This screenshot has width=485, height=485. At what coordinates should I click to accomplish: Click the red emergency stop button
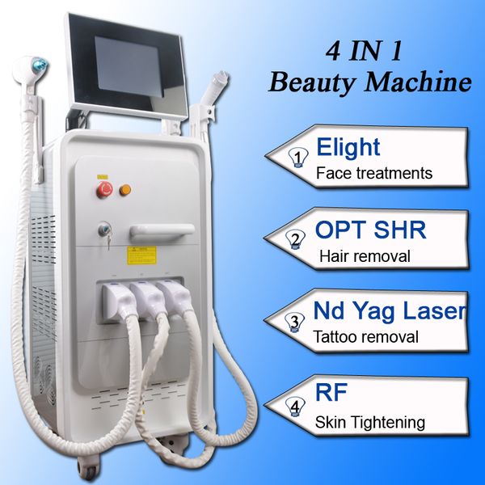coord(104,189)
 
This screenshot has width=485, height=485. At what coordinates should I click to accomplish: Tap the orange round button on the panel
coord(125,190)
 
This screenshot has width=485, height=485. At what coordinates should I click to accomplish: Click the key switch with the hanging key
coord(105,230)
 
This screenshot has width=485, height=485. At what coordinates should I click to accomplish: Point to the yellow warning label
coord(141,255)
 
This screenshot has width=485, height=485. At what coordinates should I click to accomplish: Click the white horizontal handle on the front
coord(162,232)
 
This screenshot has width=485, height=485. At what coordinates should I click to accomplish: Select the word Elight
coord(348,148)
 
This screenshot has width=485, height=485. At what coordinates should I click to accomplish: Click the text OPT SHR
coord(370,230)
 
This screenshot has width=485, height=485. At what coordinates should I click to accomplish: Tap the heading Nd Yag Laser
coord(390,310)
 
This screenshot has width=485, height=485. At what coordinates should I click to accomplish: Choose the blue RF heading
coord(331,392)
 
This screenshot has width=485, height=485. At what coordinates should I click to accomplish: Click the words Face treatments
coord(374,173)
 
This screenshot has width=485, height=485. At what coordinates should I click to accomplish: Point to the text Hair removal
coord(365,256)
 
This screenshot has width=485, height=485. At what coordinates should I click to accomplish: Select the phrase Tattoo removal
coord(365,337)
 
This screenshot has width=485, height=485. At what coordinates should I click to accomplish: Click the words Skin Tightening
coord(370,422)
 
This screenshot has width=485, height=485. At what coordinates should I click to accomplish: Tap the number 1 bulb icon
coord(298,158)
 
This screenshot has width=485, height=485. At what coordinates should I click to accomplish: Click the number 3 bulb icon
coord(294,323)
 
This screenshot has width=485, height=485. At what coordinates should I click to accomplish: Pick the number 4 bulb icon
coord(296,407)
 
